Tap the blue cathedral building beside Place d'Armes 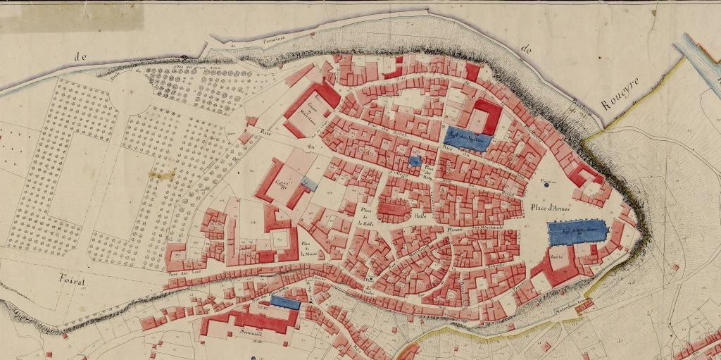[577, 231]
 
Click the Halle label [422, 216]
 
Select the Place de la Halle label [365, 216]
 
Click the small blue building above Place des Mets [415, 161]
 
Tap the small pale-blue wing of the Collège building [308, 183]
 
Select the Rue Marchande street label [485, 228]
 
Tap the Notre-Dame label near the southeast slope [572, 304]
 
